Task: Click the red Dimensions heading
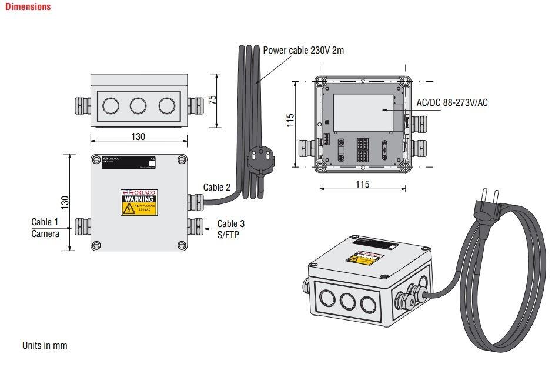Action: (28, 7)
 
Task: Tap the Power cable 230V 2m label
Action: (303, 50)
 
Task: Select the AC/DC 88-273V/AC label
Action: (452, 102)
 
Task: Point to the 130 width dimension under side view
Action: (138, 136)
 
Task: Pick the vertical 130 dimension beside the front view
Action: (65, 202)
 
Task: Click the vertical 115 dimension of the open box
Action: (290, 121)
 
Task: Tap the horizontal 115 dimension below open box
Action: (363, 185)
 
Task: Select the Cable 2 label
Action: (217, 187)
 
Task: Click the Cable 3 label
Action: (230, 223)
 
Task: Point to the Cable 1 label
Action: (45, 222)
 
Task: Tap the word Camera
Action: (45, 233)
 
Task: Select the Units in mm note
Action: (45, 345)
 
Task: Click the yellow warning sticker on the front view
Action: (139, 202)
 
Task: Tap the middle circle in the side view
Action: (138, 106)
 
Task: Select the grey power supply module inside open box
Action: (363, 112)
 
